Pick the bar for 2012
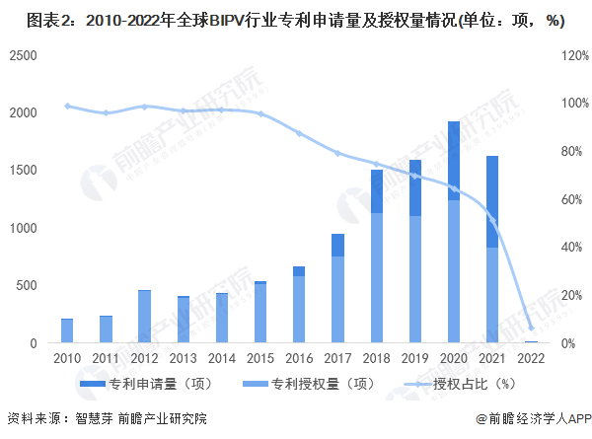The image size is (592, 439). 144,318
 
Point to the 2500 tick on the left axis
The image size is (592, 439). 25,55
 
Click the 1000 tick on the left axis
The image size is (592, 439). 25,228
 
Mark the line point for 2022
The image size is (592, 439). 530,328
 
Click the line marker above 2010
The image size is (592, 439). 67,106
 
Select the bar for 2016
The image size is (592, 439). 299,305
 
